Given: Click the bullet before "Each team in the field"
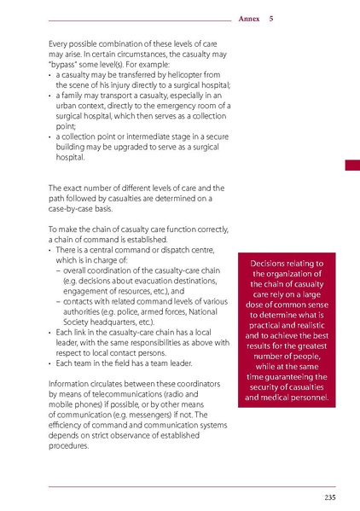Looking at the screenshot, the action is (x=51, y=363).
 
